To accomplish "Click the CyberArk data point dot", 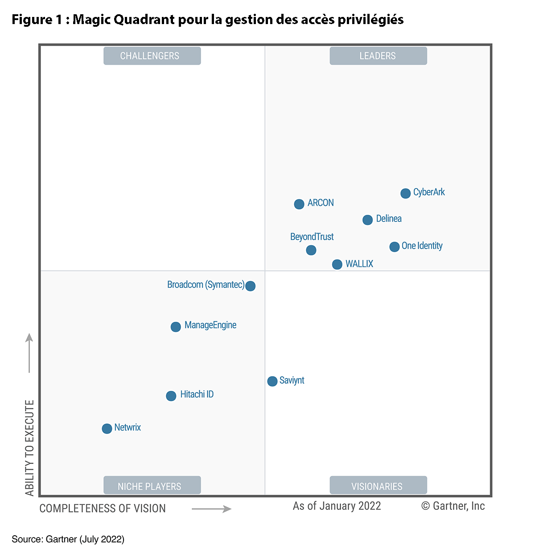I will coord(405,193).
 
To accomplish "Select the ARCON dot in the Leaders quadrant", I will coord(299,204).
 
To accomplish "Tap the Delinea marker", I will coord(367,220).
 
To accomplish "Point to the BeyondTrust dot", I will coord(311,250).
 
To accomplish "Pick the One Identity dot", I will coord(394,247).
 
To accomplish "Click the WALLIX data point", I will coord(337,264).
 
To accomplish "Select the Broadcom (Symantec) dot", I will coord(251,286).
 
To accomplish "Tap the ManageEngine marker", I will coord(176,327).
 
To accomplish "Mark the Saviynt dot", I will coord(272,381).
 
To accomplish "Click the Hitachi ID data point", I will coord(171,396).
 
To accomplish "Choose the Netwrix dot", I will coord(107,428).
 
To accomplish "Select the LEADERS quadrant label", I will coord(378,56).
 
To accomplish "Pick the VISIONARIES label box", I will coord(378,485).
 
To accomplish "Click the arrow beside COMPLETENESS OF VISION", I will coord(211,509).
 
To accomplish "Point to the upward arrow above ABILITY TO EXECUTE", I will coord(29,353).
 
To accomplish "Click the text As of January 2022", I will coord(337,506).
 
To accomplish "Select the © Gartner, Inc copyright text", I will coord(453,506).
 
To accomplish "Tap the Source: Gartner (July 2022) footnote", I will coord(68,539).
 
